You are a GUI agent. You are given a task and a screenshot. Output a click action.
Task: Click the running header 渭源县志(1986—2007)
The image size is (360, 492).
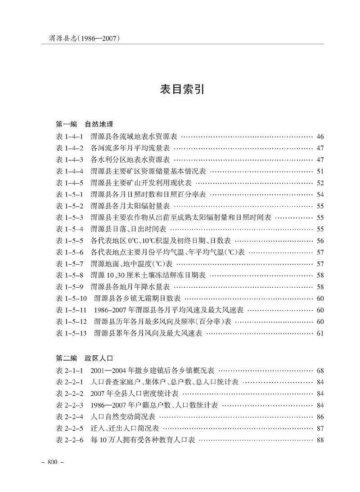(84, 39)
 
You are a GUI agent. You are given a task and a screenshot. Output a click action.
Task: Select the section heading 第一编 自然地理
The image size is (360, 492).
(84, 124)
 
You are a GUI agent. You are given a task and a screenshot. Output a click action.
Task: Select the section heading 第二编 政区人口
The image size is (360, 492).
(84, 359)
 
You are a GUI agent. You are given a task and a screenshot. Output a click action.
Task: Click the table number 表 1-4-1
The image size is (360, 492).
(69, 136)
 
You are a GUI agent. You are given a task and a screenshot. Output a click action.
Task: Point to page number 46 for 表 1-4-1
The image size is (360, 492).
(320, 136)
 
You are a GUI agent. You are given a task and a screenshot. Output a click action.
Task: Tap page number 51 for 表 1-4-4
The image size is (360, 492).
(320, 172)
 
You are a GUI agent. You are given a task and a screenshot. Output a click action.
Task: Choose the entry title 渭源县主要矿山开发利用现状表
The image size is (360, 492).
(141, 183)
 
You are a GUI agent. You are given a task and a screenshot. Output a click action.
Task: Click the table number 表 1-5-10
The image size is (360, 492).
(71, 298)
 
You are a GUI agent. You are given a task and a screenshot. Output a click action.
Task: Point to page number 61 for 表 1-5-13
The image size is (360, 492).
(320, 334)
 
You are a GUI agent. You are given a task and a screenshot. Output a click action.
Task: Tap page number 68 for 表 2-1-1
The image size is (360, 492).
(320, 371)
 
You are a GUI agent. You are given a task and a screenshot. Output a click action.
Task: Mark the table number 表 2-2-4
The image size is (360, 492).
(69, 417)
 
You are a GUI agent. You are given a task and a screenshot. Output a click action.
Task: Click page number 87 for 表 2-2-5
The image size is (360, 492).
(320, 429)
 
